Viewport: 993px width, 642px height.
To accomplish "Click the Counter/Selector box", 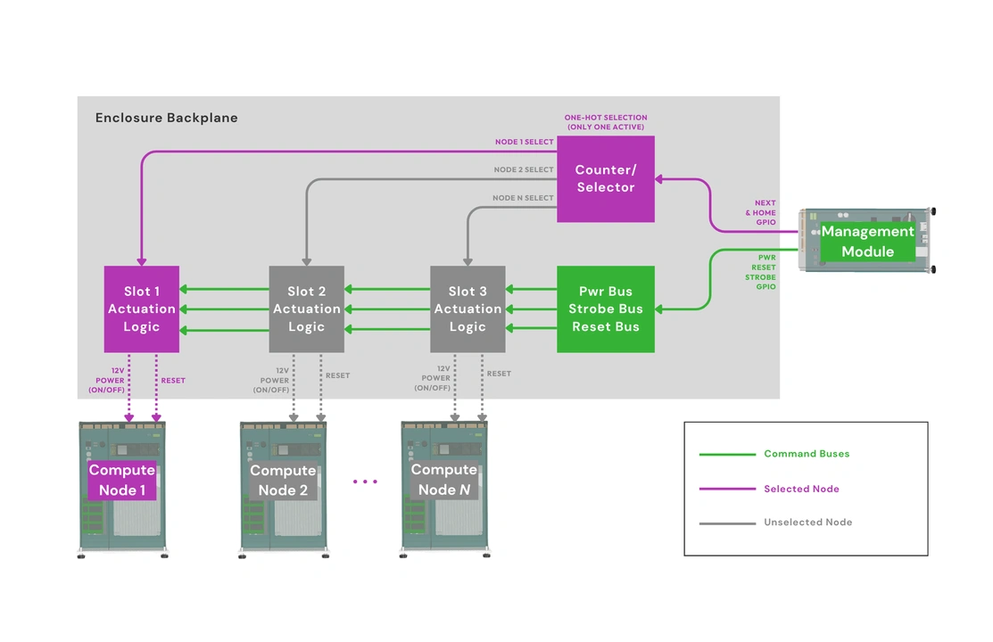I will [x=606, y=179].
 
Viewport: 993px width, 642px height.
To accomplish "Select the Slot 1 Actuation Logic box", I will [x=142, y=309].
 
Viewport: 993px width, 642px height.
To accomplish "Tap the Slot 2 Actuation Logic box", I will [x=306, y=309].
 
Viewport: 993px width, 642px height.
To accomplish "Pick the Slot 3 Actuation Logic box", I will [x=468, y=309].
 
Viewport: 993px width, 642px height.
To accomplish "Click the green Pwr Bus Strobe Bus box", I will [x=606, y=309].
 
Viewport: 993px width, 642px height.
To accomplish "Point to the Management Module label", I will [x=867, y=242].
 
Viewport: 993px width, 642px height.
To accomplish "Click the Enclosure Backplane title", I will [x=167, y=118].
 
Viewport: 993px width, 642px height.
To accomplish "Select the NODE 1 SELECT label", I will [x=525, y=142].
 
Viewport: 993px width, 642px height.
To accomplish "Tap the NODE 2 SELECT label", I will [x=524, y=169].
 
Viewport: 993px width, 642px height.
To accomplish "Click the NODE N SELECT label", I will [x=523, y=198].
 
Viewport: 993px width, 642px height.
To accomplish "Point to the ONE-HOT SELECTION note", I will [x=606, y=122].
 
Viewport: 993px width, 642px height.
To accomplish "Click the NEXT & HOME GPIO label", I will [x=764, y=213].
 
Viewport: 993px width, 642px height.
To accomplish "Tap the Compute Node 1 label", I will [x=122, y=480].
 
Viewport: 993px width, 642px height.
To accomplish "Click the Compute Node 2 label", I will [x=283, y=480].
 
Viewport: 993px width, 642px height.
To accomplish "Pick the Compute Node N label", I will [x=443, y=480].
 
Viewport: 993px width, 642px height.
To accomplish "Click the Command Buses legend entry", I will [x=807, y=454].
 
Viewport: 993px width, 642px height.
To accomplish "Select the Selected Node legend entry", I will [x=801, y=489].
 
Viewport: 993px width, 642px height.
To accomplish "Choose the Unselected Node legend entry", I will [x=807, y=523].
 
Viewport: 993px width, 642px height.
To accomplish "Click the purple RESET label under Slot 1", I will [x=173, y=381].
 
